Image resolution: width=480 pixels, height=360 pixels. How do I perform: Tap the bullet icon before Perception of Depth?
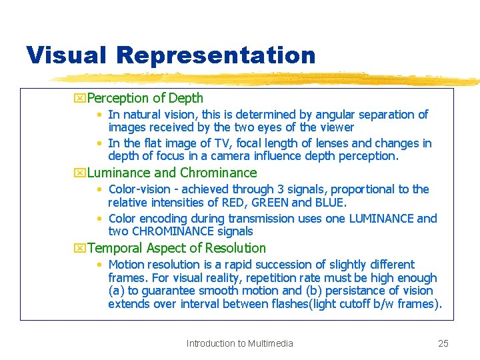point(81,99)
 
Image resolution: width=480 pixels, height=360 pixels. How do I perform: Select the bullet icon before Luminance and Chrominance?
point(81,173)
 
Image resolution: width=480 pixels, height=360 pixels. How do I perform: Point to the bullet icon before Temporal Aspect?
point(81,249)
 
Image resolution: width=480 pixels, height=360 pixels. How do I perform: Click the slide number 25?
point(443,344)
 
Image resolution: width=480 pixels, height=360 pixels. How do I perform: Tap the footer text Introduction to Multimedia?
point(239,344)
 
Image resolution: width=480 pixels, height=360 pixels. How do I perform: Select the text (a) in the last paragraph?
point(115,291)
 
